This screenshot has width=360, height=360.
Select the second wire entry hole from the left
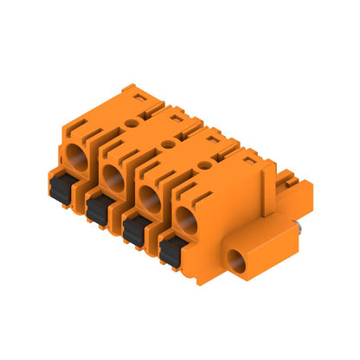pos(112,179)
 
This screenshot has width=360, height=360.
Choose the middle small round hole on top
pos(168,144)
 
